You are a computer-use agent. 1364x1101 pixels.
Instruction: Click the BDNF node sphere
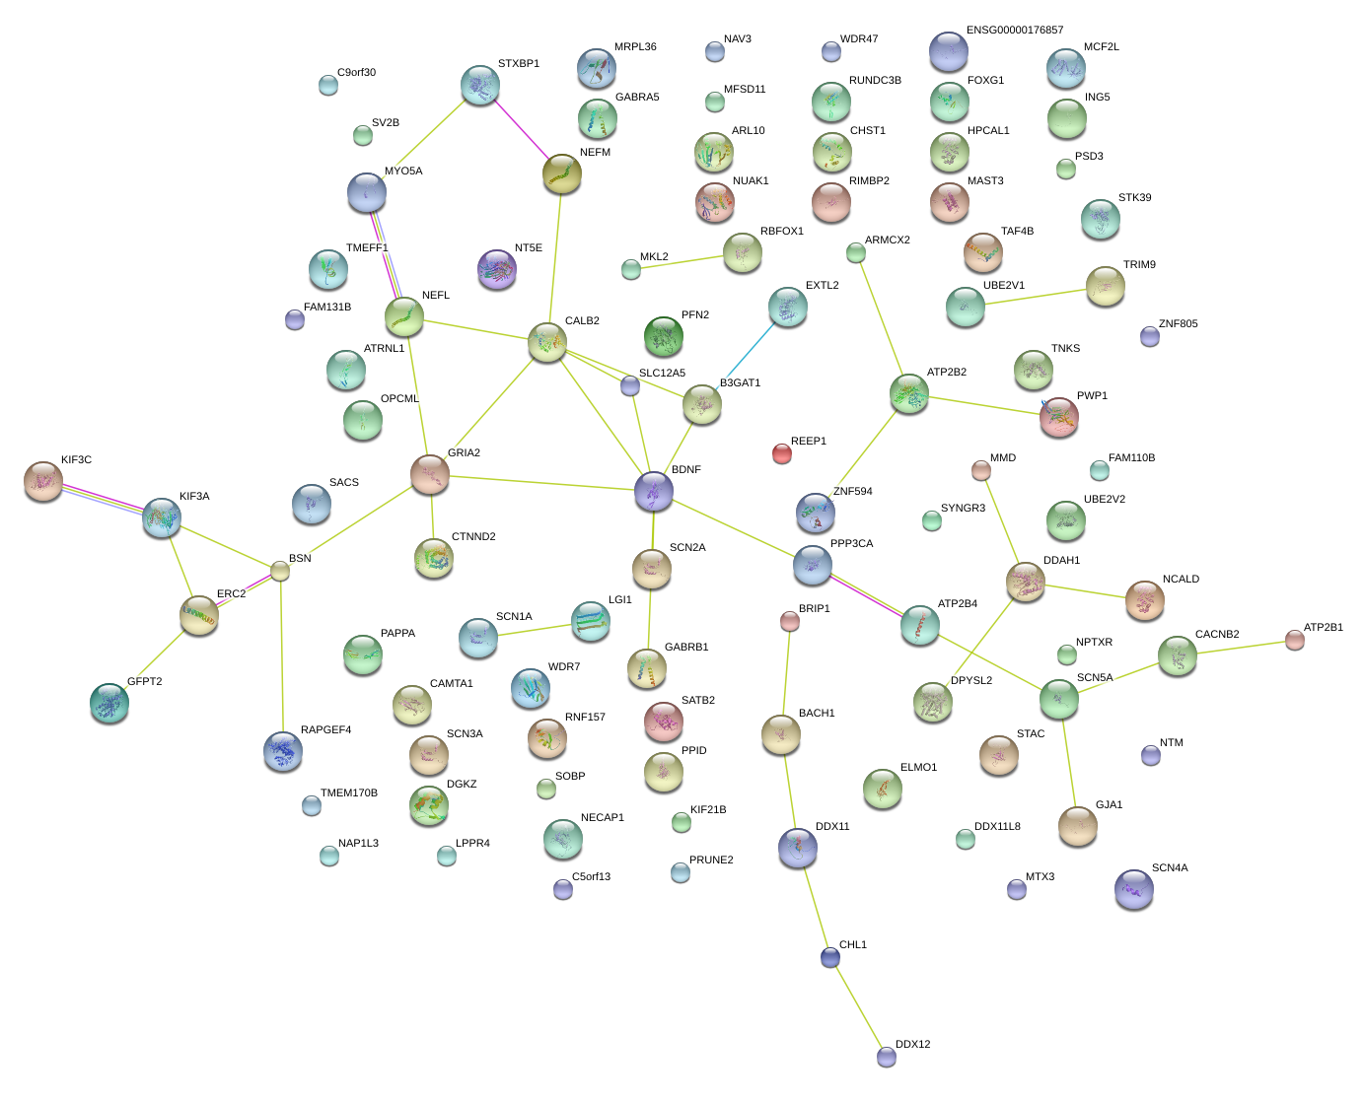tap(654, 490)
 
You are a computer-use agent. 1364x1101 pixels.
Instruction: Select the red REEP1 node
tap(782, 452)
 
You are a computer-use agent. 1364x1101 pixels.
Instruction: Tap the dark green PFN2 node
tap(664, 336)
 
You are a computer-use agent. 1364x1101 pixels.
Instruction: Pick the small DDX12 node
tap(887, 1057)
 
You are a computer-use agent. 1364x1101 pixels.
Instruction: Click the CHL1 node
tap(830, 957)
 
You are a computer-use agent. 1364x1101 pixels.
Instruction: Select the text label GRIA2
tap(464, 453)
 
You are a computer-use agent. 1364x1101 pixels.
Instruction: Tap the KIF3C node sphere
tap(43, 480)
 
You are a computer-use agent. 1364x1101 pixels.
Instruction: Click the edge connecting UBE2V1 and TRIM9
tap(1036, 297)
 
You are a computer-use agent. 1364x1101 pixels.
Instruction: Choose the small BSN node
tap(281, 571)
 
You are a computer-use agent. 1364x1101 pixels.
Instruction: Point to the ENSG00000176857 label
tap(1015, 31)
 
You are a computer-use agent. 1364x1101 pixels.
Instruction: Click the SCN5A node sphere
tap(1059, 698)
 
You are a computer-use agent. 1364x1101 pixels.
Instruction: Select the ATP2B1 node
tap(1295, 641)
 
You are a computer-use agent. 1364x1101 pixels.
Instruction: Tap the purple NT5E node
tap(497, 268)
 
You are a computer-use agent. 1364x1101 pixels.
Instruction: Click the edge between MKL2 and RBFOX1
tap(686, 261)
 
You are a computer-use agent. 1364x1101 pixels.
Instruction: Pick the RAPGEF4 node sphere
tap(284, 750)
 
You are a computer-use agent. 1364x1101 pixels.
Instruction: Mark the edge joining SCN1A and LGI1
tap(534, 629)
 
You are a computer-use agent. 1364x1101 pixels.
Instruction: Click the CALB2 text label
tap(582, 321)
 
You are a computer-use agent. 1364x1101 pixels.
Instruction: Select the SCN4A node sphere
tap(1134, 888)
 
